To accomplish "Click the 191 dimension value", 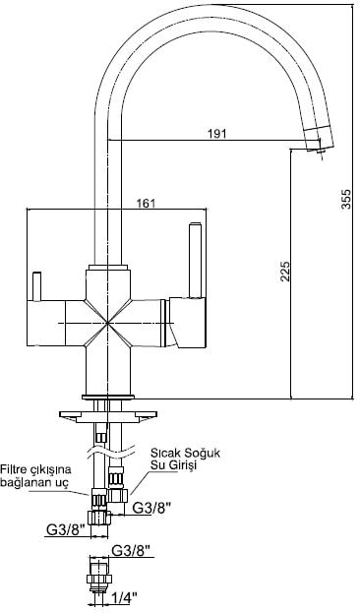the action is click(217, 133).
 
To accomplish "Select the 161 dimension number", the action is click(146, 204).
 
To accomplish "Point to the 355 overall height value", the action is click(346, 199).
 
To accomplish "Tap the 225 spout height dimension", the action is click(285, 271).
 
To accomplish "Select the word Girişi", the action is click(186, 465).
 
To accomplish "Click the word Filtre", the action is click(15, 468).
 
